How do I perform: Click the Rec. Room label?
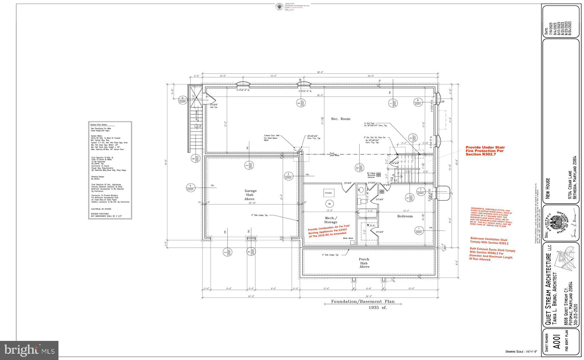(340, 119)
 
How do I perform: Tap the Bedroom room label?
(405, 216)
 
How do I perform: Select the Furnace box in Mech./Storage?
(328, 193)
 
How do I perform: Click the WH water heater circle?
(329, 204)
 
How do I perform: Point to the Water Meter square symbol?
(352, 242)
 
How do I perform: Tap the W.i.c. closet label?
(371, 225)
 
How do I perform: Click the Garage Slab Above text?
(250, 195)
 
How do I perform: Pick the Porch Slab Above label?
(364, 263)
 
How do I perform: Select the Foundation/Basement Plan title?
(363, 301)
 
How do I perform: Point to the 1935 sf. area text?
(378, 308)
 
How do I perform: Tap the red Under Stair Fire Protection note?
(485, 151)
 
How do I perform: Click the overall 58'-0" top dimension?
(320, 72)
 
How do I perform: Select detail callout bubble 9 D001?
(182, 100)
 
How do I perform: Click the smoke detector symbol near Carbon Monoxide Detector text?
(379, 175)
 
